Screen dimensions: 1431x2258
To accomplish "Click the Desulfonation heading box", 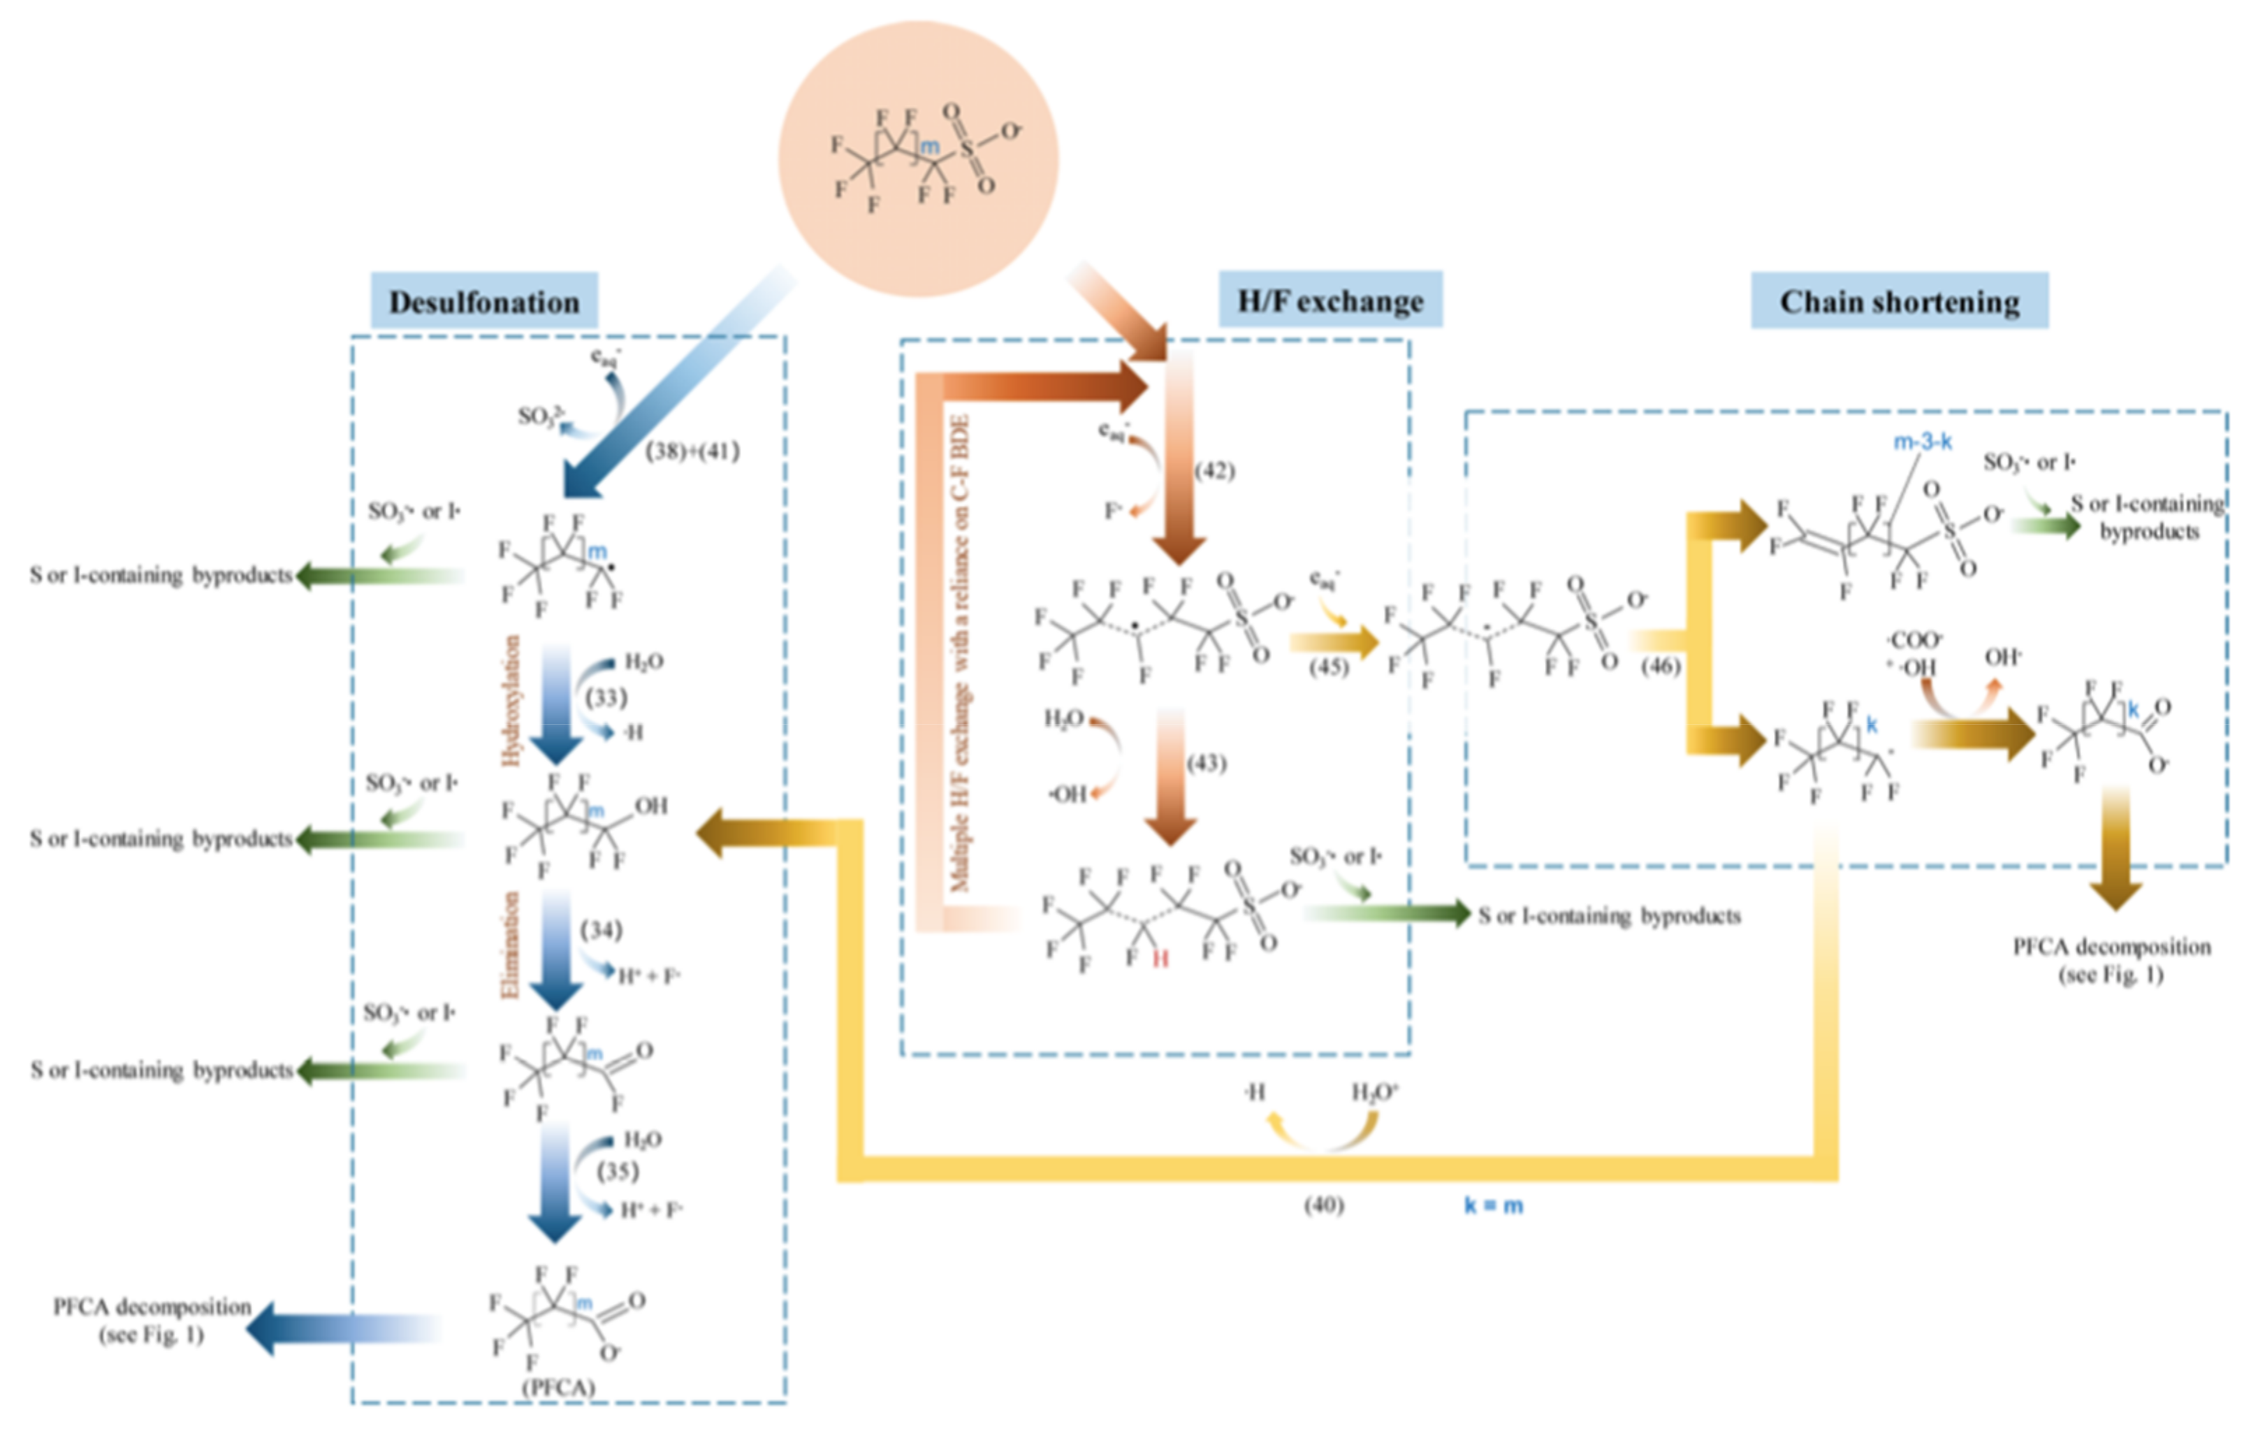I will coord(484,302).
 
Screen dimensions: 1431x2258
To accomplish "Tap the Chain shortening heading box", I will coord(1899,302).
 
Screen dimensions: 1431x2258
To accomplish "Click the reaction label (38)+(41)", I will coord(692,451).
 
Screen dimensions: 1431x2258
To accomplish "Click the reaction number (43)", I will coord(1206,762).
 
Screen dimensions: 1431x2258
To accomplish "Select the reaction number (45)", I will coord(1328,667).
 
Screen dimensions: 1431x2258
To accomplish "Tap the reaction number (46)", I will coord(1661,666).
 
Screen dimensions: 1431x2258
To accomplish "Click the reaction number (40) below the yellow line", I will coord(1323,1204).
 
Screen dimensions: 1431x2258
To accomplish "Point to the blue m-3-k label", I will coord(1922,442).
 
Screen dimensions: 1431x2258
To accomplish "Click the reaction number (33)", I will coord(606,698).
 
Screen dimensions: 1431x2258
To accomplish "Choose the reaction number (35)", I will coord(618,1171).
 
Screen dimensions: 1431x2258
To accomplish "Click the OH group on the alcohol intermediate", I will coord(650,806).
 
